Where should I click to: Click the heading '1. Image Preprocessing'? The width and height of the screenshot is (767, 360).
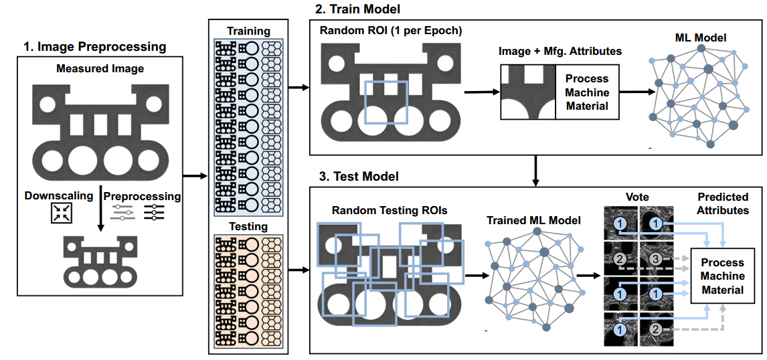[x=94, y=47]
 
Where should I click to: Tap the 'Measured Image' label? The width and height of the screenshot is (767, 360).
[x=100, y=69]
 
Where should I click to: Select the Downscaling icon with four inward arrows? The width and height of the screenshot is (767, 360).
[x=61, y=213]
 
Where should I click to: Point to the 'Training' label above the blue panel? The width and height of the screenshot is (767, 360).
[x=249, y=31]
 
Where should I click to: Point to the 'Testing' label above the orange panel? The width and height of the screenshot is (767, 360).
[x=249, y=226]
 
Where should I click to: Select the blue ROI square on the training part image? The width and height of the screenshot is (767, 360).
[x=386, y=102]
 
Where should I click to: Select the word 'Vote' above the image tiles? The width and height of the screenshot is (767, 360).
[x=638, y=197]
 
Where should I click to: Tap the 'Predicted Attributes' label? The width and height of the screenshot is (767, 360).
[x=723, y=203]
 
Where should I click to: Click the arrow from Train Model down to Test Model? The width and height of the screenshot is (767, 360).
[x=535, y=171]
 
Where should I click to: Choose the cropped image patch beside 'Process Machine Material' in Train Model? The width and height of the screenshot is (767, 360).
[x=528, y=92]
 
